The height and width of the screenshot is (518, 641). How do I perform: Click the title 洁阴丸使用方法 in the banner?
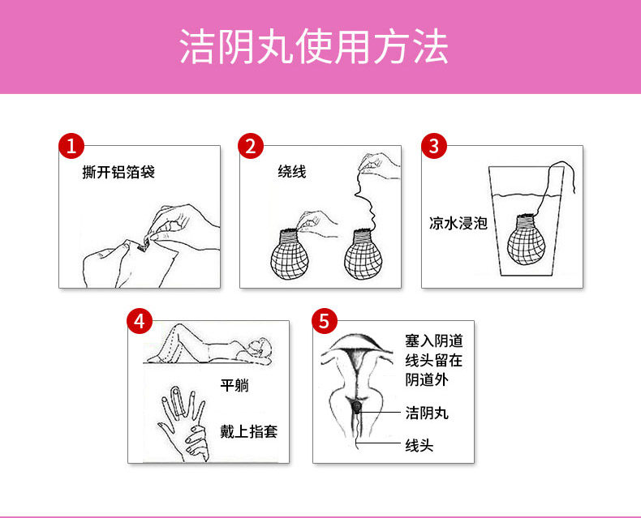314,46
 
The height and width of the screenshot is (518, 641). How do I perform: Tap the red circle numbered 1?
71,146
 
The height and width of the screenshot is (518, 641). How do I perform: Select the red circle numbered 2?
251,146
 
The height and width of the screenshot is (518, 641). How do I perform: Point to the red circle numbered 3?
434,146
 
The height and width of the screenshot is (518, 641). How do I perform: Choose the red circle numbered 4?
140,321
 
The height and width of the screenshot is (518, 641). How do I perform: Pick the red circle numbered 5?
325,321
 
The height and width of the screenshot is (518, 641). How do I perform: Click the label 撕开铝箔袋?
118,172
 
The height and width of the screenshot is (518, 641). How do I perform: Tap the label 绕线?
292,172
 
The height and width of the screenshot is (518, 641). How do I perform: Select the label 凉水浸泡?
458,224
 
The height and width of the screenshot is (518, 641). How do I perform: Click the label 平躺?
234,385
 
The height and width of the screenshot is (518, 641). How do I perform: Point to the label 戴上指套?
249,431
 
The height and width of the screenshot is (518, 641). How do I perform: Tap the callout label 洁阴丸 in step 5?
427,413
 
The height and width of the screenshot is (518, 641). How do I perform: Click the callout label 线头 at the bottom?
419,445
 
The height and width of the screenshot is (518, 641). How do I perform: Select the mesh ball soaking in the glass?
526,241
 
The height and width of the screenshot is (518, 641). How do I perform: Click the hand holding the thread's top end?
378,165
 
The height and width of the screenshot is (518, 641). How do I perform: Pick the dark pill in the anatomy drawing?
357,407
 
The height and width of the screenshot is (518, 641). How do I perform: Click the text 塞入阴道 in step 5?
434,340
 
